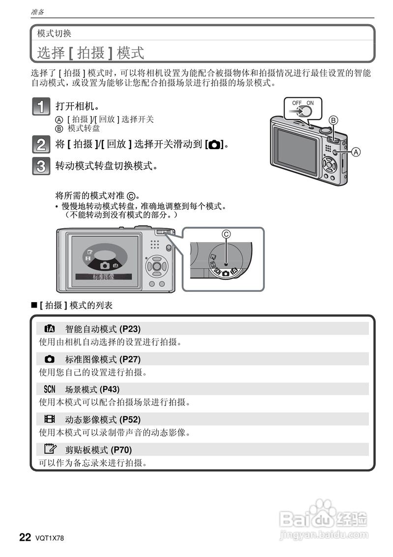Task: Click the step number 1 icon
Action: [x=41, y=107]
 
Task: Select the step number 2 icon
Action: [x=41, y=145]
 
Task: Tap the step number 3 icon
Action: [x=41, y=166]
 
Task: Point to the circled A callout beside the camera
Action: [x=356, y=152]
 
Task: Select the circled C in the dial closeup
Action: [x=226, y=235]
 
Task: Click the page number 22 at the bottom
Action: [x=25, y=537]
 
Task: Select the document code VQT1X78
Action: [x=50, y=538]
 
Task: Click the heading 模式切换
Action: [x=54, y=33]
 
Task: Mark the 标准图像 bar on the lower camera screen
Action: [x=104, y=277]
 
